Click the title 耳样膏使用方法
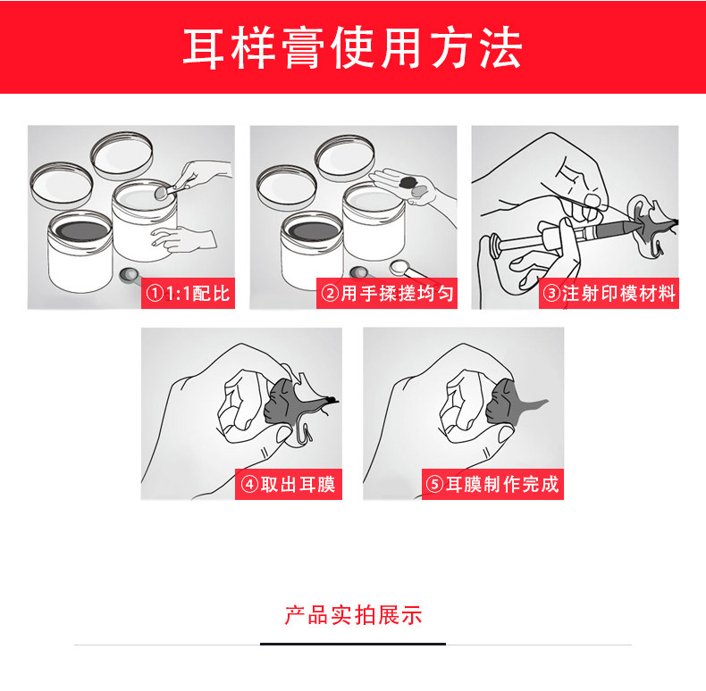click(x=352, y=47)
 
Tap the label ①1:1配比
click(x=189, y=294)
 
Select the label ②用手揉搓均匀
click(x=387, y=294)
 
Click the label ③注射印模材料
click(x=609, y=294)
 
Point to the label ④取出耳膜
click(x=289, y=485)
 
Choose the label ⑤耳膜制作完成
click(x=492, y=485)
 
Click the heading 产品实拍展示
click(x=353, y=615)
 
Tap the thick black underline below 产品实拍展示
click(x=353, y=644)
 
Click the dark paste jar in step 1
click(x=80, y=250)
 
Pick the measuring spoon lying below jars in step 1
click(x=130, y=274)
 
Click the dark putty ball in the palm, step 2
click(x=408, y=182)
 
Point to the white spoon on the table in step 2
click(x=408, y=269)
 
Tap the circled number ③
click(x=551, y=294)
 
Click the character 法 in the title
click(x=500, y=47)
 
